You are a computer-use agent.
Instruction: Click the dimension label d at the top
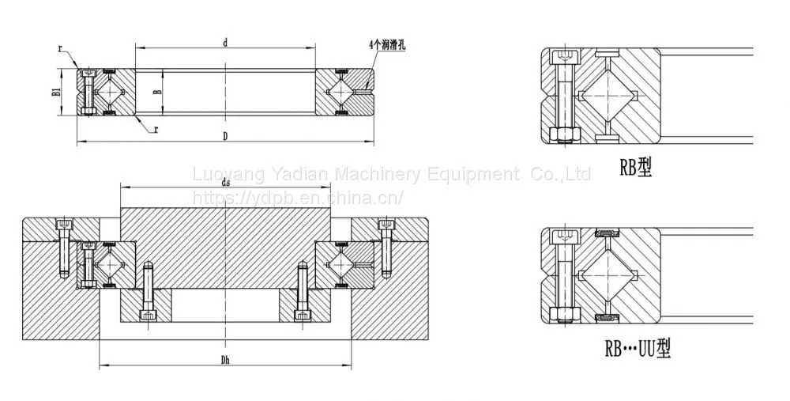pyautogui.click(x=225, y=43)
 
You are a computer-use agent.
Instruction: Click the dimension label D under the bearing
pyautogui.click(x=225, y=136)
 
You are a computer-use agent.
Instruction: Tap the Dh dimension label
pyautogui.click(x=225, y=360)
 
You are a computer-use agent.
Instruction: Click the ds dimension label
pyautogui.click(x=225, y=182)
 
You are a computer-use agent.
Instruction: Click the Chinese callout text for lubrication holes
pyautogui.click(x=387, y=45)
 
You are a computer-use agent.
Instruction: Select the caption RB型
pyautogui.click(x=635, y=167)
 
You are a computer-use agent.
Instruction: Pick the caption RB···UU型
pyautogui.click(x=638, y=348)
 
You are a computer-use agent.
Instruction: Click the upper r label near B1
pyautogui.click(x=61, y=49)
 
